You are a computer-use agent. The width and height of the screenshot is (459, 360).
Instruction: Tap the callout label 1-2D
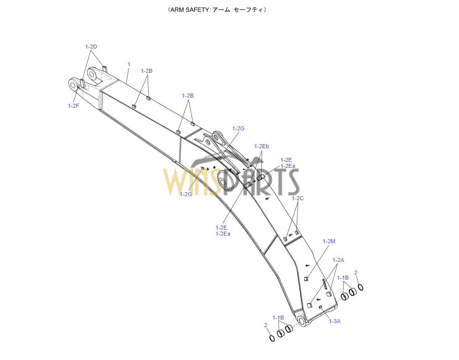click(91, 47)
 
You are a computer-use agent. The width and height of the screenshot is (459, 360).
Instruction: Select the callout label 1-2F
click(73, 105)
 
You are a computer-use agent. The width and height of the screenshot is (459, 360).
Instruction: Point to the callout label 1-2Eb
click(261, 146)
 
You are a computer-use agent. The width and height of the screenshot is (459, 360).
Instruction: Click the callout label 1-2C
click(298, 198)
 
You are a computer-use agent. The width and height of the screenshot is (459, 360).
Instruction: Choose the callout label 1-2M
click(329, 241)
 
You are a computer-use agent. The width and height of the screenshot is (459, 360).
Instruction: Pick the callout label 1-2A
click(338, 260)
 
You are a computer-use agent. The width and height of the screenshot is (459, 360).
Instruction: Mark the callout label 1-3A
click(335, 321)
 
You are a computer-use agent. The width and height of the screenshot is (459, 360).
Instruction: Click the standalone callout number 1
click(129, 64)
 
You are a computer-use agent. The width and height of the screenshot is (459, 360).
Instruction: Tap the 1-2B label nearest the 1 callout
click(147, 71)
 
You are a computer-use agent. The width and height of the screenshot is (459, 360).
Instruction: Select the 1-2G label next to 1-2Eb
click(238, 128)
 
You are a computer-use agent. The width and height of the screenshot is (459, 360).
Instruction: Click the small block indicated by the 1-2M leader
click(306, 278)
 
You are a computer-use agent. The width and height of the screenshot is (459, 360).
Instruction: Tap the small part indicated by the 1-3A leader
click(320, 307)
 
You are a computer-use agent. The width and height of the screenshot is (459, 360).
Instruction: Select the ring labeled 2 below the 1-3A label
click(272, 338)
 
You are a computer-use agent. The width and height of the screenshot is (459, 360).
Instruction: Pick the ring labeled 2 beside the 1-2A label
click(360, 288)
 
